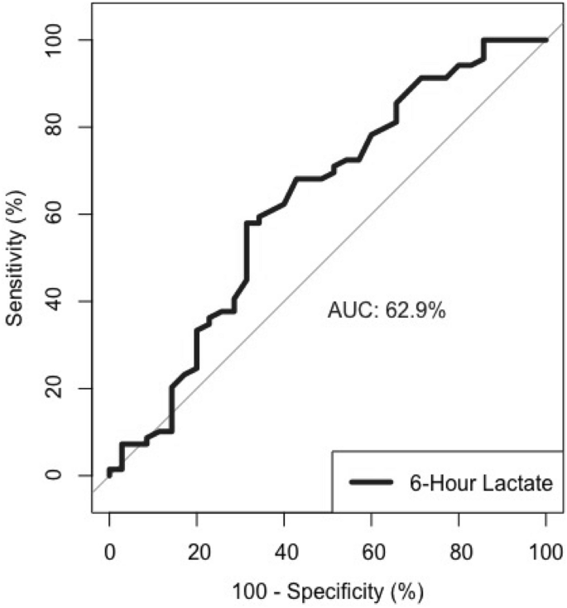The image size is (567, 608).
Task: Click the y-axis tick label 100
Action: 63,40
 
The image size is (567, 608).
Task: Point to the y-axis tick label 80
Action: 63,127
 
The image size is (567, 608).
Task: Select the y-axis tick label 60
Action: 63,214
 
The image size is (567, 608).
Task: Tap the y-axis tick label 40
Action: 63,301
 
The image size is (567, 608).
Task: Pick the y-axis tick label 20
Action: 63,388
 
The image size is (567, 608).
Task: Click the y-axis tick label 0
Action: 63,476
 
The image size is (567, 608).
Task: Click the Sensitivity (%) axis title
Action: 18,257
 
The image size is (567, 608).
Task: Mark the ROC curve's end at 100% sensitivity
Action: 545,40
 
